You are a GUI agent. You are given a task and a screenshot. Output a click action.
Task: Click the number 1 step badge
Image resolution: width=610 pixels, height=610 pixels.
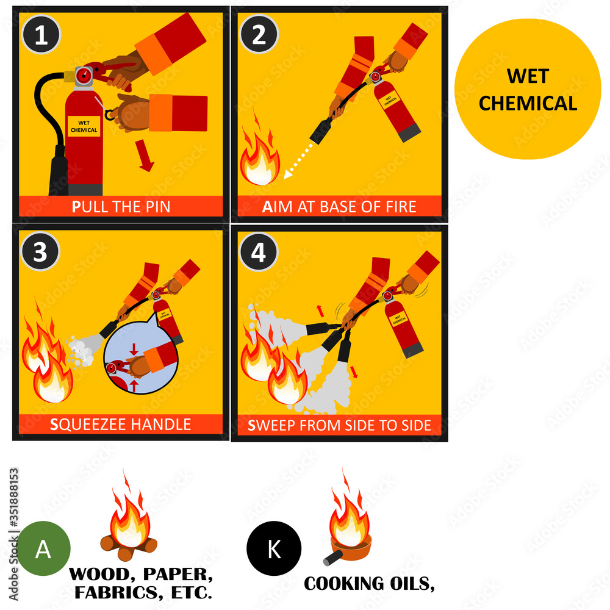41,35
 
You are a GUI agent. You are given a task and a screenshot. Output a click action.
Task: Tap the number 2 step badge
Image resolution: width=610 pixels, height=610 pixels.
259,35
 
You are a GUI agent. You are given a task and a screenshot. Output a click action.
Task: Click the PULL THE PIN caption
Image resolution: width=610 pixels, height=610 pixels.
121,207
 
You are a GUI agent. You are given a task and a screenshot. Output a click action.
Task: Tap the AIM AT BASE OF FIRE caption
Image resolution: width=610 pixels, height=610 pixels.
339,207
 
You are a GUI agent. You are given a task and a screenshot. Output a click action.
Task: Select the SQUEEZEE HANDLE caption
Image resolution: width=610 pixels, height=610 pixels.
121,424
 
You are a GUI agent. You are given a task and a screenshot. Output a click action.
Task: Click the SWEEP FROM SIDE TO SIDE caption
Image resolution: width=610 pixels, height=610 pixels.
339,425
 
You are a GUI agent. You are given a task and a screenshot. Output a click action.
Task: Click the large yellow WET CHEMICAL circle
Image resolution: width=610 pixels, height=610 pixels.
528,89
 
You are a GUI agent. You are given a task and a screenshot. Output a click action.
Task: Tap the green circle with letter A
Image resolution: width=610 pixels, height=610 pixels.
43,549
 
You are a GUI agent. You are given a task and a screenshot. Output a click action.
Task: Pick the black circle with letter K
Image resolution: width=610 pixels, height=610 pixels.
274,549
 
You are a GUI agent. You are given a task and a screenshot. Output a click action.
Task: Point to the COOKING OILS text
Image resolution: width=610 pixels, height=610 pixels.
369,583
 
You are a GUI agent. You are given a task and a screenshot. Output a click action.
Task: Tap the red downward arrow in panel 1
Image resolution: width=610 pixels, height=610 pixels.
145,160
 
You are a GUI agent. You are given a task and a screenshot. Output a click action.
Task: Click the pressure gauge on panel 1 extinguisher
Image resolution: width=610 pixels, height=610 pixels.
84,76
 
